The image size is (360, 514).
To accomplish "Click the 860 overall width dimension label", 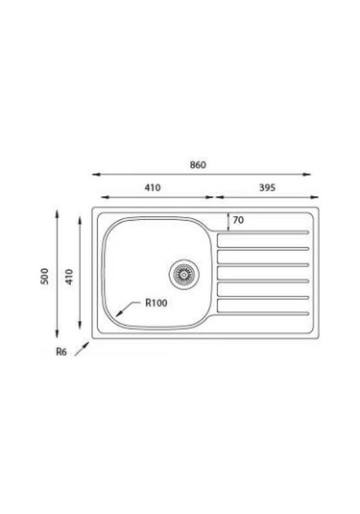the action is [198, 164].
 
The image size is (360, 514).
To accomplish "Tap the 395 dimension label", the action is [267, 187].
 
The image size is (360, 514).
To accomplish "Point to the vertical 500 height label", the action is [44, 276].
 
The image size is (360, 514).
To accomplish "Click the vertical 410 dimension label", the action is [69, 277].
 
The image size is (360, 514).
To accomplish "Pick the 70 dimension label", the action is [238, 220].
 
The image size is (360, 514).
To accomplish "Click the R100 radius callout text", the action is [156, 303].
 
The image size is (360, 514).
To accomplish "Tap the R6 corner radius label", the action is [61, 352].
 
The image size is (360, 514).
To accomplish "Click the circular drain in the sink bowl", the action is [184, 275].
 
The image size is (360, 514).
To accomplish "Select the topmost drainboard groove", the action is [263, 233].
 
